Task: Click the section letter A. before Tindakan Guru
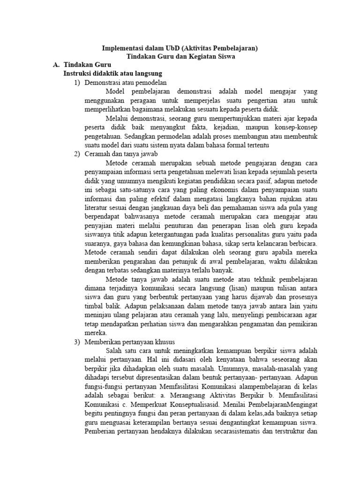56,65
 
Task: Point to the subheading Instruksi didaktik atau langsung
112,74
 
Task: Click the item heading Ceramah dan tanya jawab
121,154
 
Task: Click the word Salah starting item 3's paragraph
114,351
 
